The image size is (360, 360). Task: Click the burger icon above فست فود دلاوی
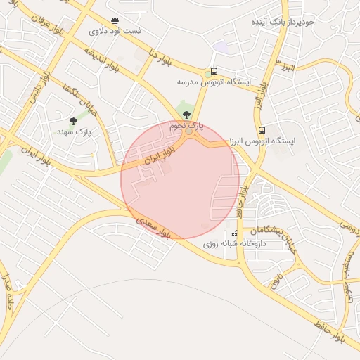(x=115, y=20)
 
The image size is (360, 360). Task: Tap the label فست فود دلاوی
(x=115, y=32)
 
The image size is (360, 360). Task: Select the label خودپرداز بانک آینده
(x=285, y=22)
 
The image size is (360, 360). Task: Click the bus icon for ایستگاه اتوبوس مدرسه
(x=214, y=71)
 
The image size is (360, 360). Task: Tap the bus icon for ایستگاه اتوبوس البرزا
(x=262, y=130)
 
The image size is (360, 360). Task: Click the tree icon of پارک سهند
(x=73, y=121)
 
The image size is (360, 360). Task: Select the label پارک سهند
(x=73, y=131)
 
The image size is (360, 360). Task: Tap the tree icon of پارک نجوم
(x=185, y=113)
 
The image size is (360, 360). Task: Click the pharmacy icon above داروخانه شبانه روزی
(x=234, y=233)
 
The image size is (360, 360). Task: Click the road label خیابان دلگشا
(x=78, y=99)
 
